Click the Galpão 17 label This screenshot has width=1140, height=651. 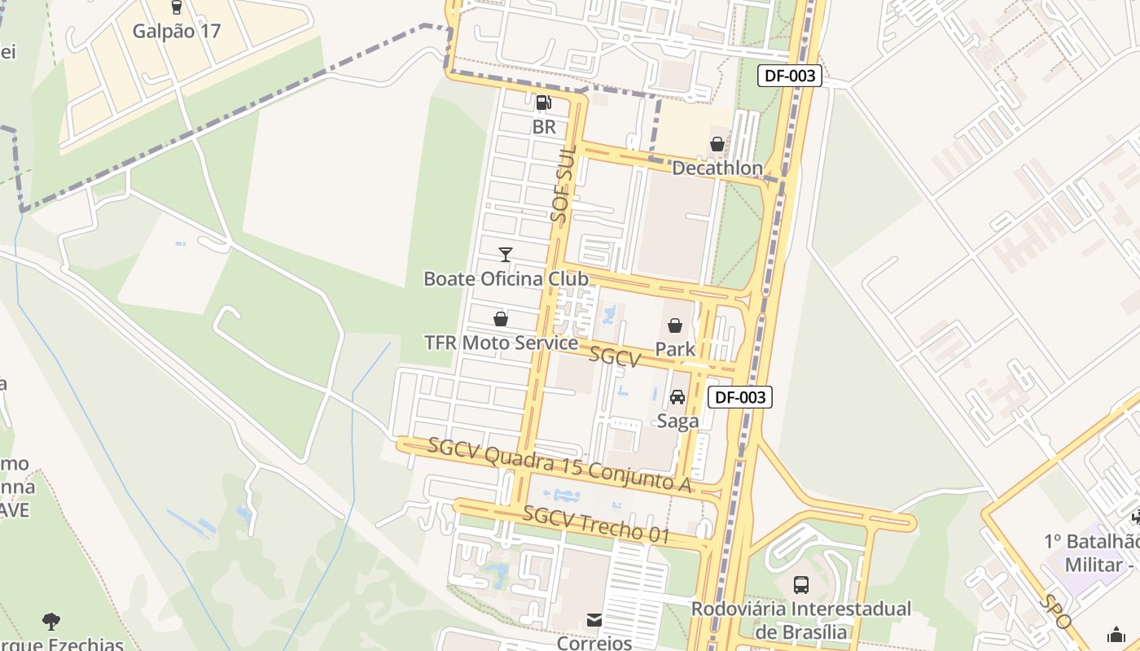click(x=177, y=31)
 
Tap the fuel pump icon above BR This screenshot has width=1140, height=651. click(x=543, y=103)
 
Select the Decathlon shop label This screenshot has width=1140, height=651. click(x=717, y=168)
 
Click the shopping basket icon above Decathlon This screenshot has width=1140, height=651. click(x=717, y=145)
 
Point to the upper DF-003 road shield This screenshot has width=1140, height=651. click(x=790, y=76)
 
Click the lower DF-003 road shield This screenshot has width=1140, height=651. click(x=739, y=397)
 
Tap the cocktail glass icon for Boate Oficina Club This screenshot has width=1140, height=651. click(x=505, y=255)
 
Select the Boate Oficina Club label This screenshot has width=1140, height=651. click(x=505, y=278)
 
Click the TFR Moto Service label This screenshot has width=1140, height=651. click(x=501, y=343)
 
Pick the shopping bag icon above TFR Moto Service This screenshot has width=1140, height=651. click(x=501, y=319)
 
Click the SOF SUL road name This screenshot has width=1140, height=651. click(x=563, y=184)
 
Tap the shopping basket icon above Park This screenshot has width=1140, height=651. click(x=675, y=326)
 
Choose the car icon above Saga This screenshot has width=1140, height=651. click(x=677, y=397)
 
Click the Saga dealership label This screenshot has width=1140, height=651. click(x=677, y=421)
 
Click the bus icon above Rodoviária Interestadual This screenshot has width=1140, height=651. click(x=801, y=584)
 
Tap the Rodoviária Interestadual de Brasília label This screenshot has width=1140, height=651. click(x=801, y=620)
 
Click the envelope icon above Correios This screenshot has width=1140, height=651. click(x=594, y=621)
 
